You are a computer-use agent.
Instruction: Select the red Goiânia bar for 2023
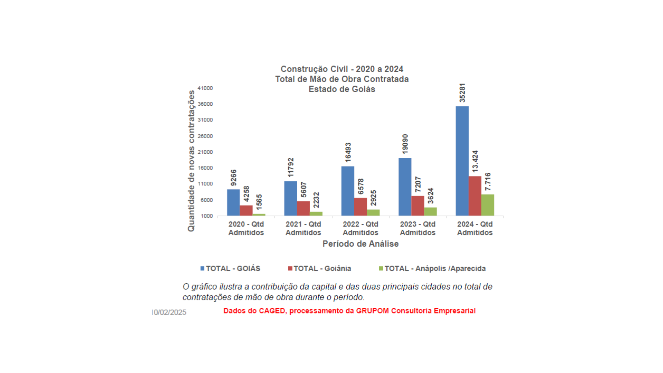[x=417, y=206]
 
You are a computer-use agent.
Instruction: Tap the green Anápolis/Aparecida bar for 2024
[x=487, y=205]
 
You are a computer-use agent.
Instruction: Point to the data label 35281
[x=462, y=93]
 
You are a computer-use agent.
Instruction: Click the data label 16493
[x=348, y=152]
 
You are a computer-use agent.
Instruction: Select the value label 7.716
[x=487, y=182]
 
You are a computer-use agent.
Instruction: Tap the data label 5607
[x=303, y=190]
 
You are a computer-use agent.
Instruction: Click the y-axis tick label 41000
[x=205, y=88]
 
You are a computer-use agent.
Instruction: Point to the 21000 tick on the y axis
[x=205, y=152]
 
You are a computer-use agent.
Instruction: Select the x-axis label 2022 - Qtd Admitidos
[x=360, y=228]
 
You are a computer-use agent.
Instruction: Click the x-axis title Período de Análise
[x=360, y=244]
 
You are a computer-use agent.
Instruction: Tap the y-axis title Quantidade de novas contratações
[x=191, y=161]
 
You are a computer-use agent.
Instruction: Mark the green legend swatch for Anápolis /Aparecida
[x=381, y=268]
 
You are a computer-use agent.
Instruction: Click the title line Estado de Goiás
[x=342, y=89]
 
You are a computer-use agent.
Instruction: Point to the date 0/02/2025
[x=170, y=312]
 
